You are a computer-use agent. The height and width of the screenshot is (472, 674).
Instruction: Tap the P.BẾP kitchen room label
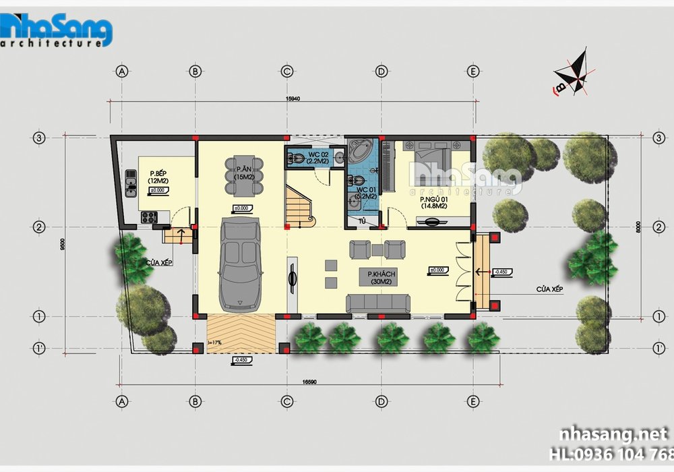158,177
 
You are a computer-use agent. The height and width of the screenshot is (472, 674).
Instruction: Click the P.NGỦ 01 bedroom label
433,202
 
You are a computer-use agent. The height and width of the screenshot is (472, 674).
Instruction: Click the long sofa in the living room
378,303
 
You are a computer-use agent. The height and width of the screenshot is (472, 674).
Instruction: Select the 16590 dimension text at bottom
309,382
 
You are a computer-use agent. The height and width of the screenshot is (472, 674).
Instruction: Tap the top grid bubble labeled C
287,71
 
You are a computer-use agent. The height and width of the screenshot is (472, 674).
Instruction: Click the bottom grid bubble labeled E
473,401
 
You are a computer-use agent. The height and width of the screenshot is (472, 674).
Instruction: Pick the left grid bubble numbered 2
39,227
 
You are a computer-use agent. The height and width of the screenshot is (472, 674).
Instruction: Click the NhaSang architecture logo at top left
57,30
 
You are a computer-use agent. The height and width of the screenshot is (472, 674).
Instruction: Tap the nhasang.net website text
609,434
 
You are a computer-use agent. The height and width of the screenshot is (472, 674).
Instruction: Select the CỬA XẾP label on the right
549,288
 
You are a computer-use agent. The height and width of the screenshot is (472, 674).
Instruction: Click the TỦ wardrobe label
362,220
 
